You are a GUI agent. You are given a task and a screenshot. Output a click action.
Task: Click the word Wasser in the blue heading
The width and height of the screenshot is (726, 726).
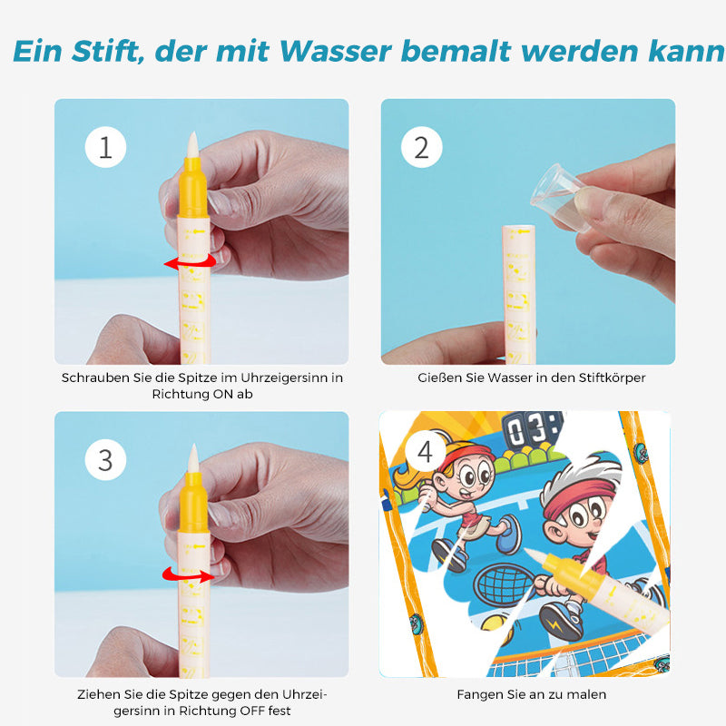pos(336,51)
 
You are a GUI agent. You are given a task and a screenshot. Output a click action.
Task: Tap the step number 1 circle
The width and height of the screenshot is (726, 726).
pos(105,147)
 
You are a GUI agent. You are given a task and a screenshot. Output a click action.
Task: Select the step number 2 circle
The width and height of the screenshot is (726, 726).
pos(421,147)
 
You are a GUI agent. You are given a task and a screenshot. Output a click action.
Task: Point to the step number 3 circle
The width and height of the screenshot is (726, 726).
pos(105,460)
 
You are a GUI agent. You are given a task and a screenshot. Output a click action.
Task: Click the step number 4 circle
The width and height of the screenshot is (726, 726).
pos(425,451)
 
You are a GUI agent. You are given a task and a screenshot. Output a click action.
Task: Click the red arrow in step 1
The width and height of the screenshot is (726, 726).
pos(190,262)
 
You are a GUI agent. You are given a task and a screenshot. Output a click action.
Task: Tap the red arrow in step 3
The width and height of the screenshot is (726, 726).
pos(188,574)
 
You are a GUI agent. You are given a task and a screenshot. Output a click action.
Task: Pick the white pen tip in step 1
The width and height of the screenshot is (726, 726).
pos(192,145)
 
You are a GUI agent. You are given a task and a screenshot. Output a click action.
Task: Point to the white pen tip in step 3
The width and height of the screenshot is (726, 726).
pos(193,458)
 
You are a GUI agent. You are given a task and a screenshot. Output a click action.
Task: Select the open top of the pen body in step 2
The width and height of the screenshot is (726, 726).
pos(518,228)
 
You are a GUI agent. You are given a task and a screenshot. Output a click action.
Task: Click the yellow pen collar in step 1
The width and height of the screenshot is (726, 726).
pos(193,188)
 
